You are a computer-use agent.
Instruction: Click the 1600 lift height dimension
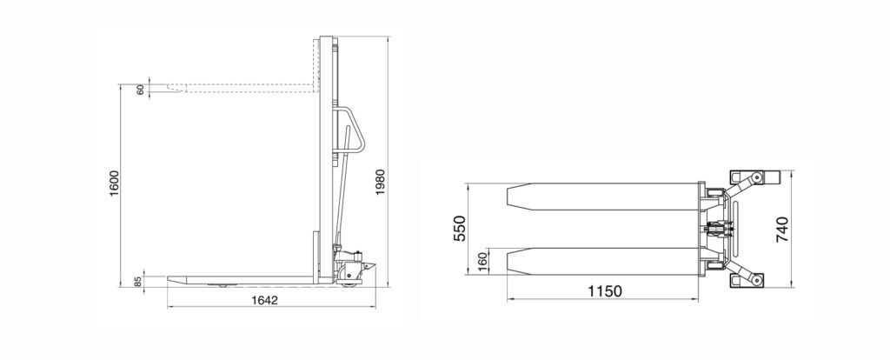click(115, 183)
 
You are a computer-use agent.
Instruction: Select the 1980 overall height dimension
click(381, 183)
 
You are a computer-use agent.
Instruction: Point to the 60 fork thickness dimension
click(140, 90)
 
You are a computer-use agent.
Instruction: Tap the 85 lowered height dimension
click(138, 281)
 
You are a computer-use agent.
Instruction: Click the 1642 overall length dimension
click(264, 300)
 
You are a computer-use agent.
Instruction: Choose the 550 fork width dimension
click(460, 229)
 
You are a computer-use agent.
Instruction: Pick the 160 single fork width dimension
click(483, 263)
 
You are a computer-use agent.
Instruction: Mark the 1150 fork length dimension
click(605, 292)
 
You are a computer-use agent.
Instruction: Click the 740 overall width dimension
click(782, 230)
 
